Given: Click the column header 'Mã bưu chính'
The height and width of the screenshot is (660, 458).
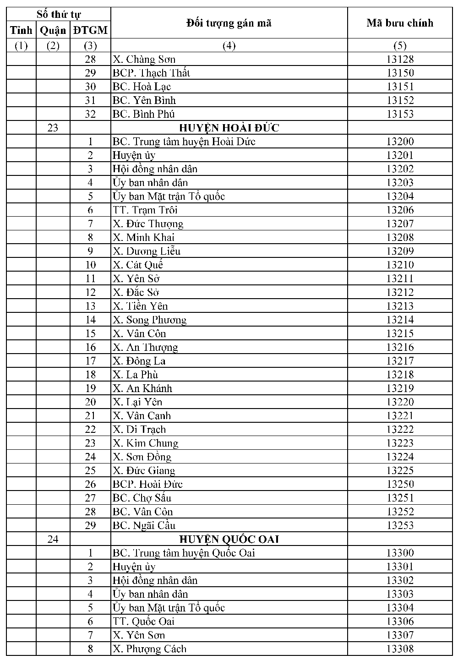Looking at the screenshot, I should [399, 23].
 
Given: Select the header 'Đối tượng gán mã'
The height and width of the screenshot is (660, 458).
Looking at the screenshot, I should [229, 23].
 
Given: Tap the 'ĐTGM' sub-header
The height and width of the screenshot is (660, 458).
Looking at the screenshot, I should [90, 31].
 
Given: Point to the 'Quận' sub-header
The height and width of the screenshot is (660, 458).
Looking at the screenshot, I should [53, 31].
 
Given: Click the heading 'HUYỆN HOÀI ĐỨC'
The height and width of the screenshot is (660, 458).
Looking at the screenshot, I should [229, 128].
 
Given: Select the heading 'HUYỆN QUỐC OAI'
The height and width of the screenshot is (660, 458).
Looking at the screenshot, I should [229, 539].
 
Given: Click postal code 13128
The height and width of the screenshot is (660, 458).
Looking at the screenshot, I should [399, 59].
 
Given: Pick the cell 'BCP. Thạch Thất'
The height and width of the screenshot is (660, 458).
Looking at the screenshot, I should [151, 73].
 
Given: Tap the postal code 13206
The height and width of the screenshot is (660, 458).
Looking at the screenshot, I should [399, 210].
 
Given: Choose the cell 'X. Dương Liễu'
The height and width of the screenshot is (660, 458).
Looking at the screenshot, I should [147, 251].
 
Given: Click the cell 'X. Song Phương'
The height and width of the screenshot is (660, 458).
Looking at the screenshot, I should [150, 320].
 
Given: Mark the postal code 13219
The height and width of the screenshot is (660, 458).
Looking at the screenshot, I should [399, 388].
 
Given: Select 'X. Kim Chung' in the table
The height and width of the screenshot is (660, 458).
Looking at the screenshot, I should [146, 443].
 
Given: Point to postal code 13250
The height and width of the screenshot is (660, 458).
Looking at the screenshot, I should [399, 484].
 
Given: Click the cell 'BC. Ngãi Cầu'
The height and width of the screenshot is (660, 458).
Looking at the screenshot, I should [144, 525].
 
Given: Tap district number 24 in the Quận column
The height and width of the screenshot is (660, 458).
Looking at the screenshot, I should [53, 539].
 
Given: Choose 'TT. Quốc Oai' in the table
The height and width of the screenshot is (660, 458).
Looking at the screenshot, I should [143, 622].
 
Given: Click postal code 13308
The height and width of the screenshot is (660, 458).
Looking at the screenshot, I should [399, 649].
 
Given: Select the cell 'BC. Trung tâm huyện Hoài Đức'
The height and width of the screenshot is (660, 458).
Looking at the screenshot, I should [184, 142].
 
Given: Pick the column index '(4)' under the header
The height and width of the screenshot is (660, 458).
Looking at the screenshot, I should [229, 45].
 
